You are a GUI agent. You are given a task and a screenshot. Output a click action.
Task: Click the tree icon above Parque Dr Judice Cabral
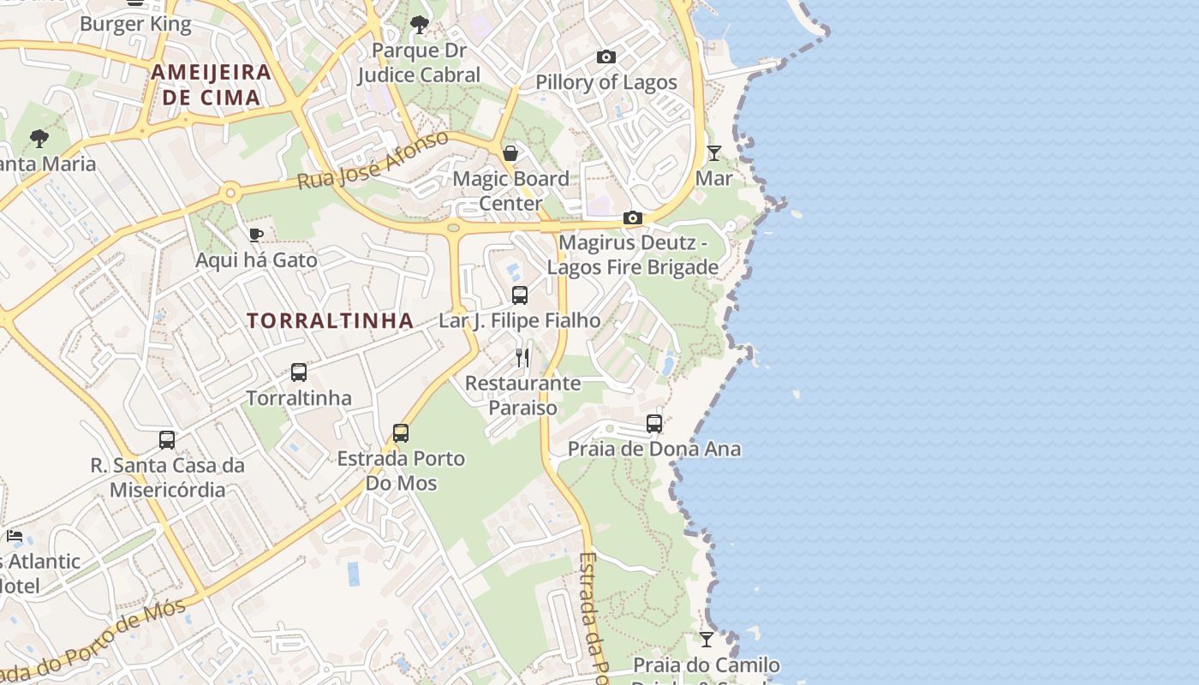pos(420,24)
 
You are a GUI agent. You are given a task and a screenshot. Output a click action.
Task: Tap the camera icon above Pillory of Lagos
pos(606,57)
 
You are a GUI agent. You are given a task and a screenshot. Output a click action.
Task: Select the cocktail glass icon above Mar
pos(714,153)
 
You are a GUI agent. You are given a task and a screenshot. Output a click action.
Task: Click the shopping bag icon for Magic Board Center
pos(510,153)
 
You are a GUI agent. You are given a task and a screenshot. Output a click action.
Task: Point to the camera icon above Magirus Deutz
pos(633,218)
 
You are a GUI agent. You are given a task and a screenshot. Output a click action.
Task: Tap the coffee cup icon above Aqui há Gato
pos(255,235)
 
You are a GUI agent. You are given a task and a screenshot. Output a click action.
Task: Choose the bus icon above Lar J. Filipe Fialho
pos(520,295)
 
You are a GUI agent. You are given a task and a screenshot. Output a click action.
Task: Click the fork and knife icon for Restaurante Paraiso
pos(522,357)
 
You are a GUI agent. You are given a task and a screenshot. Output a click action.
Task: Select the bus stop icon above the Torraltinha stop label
pos(299,372)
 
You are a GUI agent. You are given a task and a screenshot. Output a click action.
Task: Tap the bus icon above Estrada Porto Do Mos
pos(401,433)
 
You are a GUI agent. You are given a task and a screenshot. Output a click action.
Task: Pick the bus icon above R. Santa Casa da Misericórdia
pos(167,440)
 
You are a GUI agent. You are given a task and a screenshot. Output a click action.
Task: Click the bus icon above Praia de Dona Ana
pos(654,424)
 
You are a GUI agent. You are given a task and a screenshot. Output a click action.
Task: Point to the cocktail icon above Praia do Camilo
pos(706,640)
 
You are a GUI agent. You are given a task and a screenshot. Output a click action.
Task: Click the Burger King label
pos(135,24)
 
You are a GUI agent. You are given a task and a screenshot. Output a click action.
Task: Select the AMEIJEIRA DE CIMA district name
pos(212,85)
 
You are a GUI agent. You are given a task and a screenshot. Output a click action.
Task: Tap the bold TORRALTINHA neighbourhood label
pos(331,321)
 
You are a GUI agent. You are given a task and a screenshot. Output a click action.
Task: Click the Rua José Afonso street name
pos(373,160)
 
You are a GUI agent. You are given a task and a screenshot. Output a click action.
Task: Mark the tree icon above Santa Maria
pos(39,138)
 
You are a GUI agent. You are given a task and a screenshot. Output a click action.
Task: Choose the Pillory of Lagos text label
pos(606,82)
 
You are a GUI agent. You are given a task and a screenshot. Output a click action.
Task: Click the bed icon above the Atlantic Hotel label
pos(15,536)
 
